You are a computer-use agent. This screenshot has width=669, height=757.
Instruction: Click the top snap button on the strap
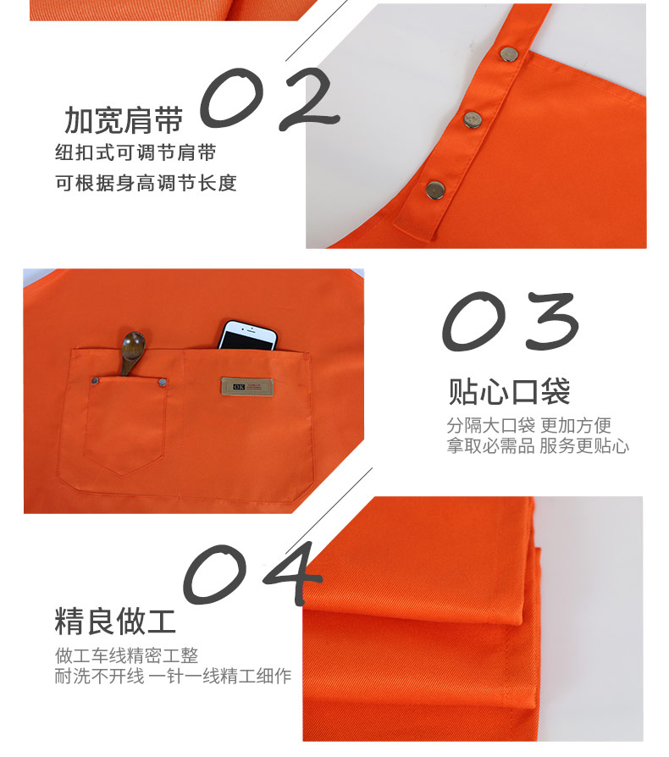509,54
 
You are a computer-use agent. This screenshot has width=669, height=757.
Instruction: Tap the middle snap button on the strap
473,119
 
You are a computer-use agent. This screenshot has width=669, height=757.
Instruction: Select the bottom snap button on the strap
435,190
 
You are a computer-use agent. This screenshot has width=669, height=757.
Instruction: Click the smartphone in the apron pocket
247,335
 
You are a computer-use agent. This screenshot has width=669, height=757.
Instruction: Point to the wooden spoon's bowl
133,345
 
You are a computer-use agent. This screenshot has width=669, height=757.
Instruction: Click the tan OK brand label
247,387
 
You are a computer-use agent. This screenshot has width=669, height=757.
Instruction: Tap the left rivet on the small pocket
96,381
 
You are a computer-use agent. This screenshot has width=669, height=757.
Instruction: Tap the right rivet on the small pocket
163,383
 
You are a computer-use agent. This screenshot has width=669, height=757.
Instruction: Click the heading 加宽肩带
124,120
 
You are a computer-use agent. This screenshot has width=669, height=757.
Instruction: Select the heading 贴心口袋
509,391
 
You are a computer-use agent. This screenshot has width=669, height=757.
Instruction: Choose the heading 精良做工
115,622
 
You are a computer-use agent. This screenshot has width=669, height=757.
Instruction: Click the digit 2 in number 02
309,99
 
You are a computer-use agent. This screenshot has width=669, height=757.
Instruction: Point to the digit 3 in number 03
551,321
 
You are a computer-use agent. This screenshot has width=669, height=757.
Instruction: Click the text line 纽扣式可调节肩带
135,152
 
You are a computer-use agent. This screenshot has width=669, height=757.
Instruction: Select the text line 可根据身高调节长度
146,183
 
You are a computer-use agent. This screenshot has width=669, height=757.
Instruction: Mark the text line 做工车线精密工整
126,655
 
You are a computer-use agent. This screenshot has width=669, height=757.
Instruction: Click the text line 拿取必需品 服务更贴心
538,445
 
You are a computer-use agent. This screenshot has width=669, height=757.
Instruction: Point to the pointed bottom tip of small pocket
123,476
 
